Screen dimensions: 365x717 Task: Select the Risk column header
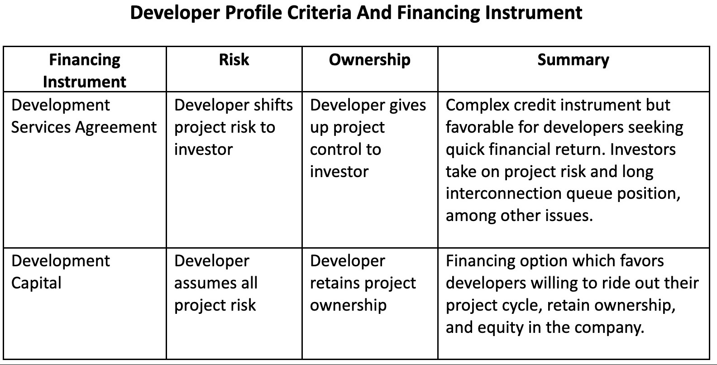tap(234, 60)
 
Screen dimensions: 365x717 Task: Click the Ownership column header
tap(369, 60)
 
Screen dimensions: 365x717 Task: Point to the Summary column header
tap(573, 60)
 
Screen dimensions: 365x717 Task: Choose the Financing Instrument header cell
tap(85, 70)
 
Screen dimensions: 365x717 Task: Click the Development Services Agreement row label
tap(84, 116)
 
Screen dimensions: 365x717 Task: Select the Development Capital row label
tap(60, 272)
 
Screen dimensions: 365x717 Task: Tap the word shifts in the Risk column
tap(273, 105)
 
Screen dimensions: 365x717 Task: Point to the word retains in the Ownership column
tap(338, 283)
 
